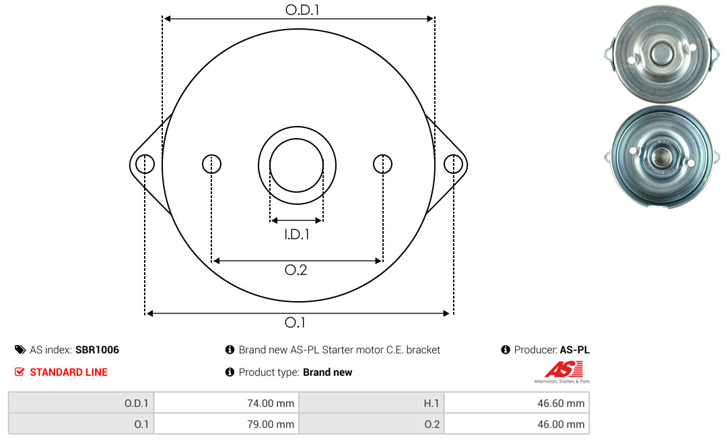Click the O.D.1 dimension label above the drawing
pos(302,9)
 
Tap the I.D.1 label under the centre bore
pos(297,234)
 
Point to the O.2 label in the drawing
pos(296,270)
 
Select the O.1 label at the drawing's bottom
pos(295,322)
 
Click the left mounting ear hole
pos(145,164)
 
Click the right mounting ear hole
pos(453,164)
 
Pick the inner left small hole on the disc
pos(212,164)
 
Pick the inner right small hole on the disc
pos(382,164)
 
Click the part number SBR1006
pos(97,350)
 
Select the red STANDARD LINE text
pos(69,372)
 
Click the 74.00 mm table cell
pos(226,403)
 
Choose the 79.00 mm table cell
pos(226,424)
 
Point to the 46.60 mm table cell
pos(517,403)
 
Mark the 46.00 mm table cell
pos(517,424)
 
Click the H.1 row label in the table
pos(431,404)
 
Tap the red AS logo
pos(563,370)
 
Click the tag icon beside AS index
pos(20,350)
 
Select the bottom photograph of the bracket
pos(662,156)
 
